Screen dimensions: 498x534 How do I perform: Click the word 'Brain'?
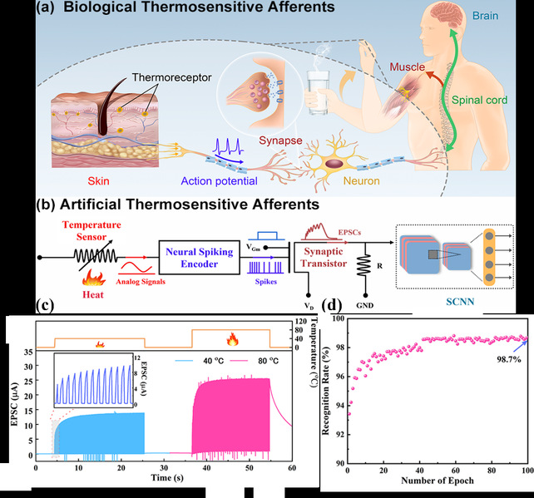point(502,15)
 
